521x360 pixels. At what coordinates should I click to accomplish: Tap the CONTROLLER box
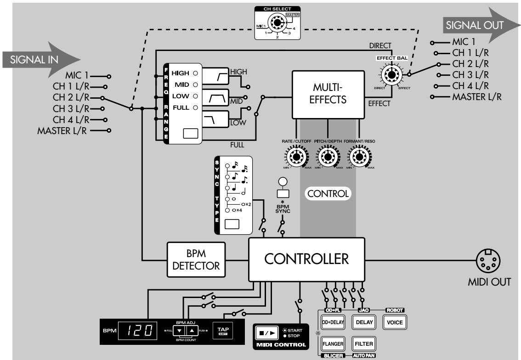click(x=306, y=259)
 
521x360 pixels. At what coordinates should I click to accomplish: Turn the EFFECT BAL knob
click(x=391, y=74)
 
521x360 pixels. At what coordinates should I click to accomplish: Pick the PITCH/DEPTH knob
click(x=328, y=157)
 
